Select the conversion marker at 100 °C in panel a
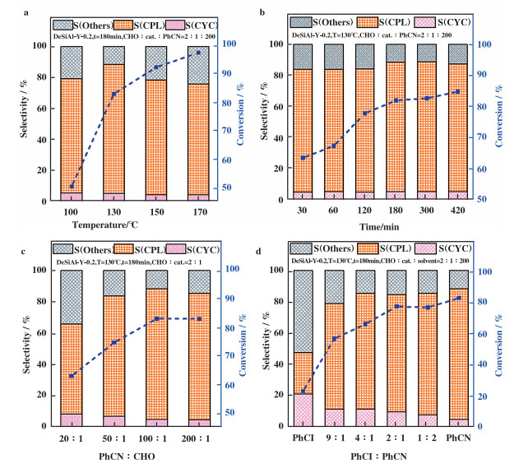(72, 187)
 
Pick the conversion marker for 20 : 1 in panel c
(72, 376)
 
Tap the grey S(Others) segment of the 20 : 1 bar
(72, 297)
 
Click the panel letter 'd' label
(262, 239)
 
